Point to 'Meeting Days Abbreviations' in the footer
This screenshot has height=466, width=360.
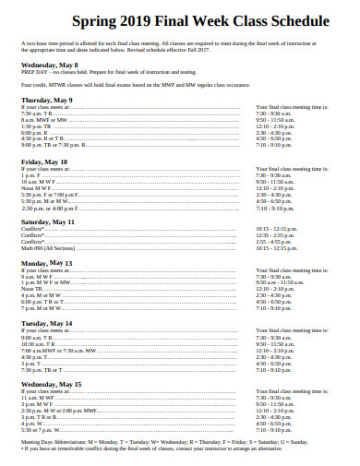[x=55, y=442]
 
